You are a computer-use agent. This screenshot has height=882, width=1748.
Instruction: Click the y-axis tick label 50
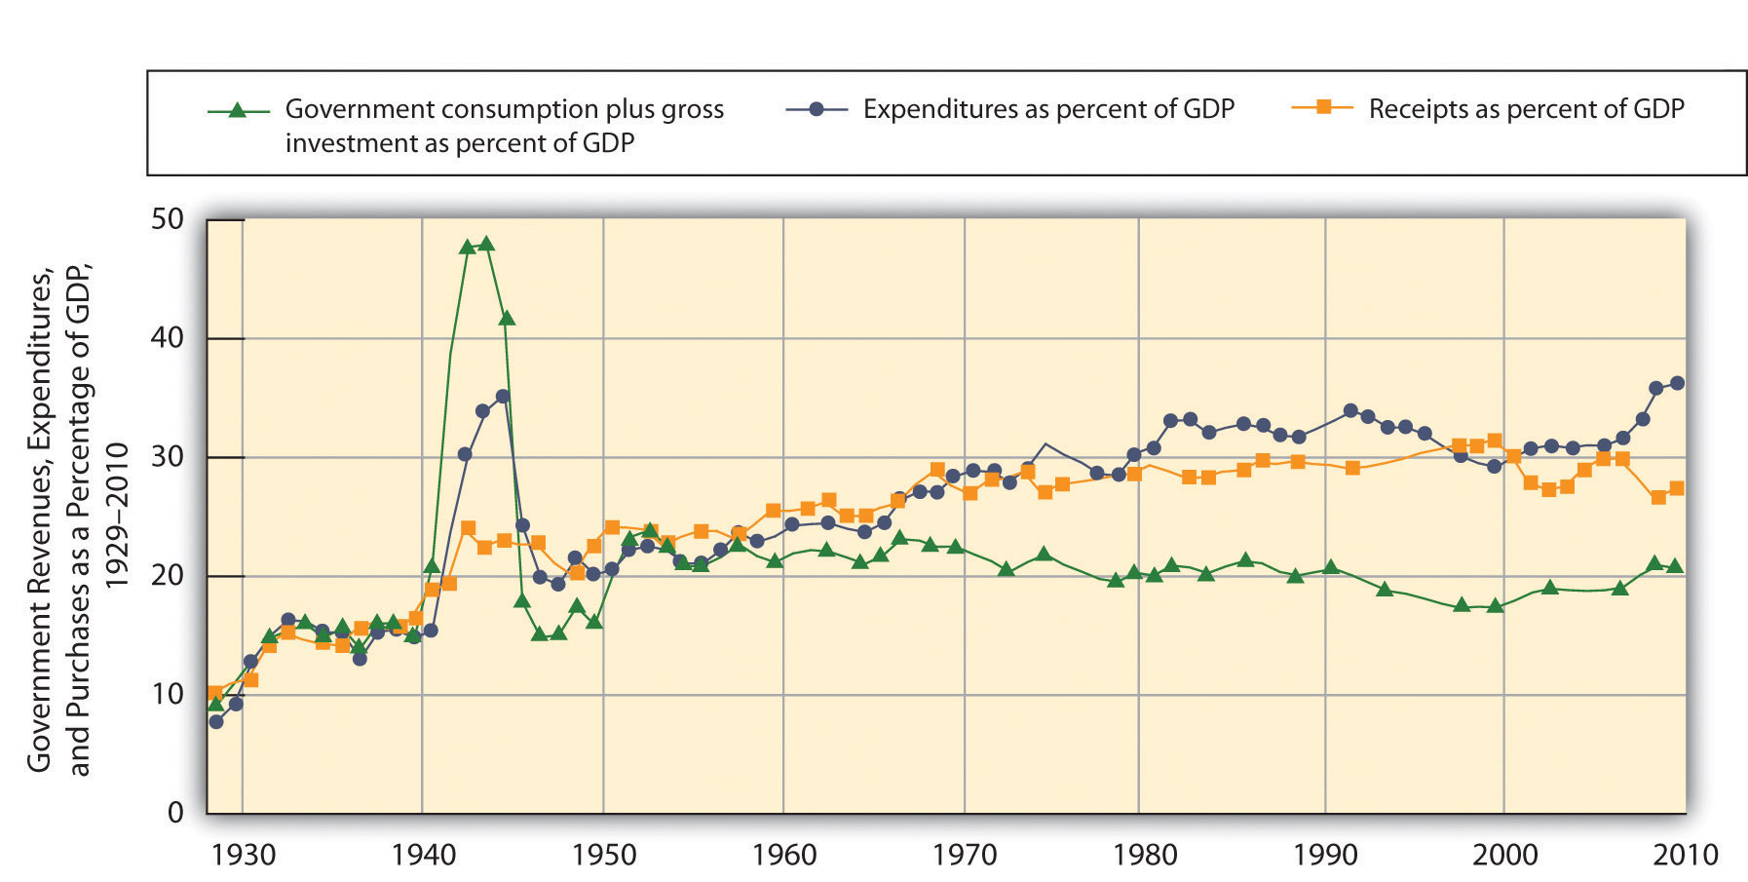pyautogui.click(x=167, y=219)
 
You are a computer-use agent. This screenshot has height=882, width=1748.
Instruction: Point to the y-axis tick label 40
pyautogui.click(x=167, y=338)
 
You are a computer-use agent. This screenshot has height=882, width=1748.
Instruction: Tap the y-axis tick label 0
pyautogui.click(x=175, y=813)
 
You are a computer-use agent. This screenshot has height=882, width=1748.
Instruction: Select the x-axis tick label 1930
pyautogui.click(x=243, y=856)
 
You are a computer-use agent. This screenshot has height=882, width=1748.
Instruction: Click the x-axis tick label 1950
pyautogui.click(x=604, y=856)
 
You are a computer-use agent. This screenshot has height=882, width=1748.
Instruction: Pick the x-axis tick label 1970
pyautogui.click(x=965, y=856)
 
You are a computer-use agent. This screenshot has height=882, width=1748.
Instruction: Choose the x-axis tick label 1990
pyautogui.click(x=1325, y=856)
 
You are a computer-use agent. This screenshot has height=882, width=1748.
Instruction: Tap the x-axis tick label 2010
pyautogui.click(x=1687, y=856)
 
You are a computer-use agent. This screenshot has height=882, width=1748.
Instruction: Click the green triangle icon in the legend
pyautogui.click(x=237, y=110)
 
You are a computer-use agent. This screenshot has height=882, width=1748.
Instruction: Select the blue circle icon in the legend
pyautogui.click(x=817, y=109)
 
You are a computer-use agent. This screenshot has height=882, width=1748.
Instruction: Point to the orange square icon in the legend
pyautogui.click(x=1323, y=107)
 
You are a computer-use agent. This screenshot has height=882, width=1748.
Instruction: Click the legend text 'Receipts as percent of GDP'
pyautogui.click(x=1526, y=109)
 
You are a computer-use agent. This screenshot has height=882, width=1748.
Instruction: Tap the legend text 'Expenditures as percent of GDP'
pyautogui.click(x=1048, y=109)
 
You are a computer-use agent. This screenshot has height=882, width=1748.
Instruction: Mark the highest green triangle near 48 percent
pyautogui.click(x=486, y=244)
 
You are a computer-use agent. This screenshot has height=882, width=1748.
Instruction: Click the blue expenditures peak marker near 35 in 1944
pyautogui.click(x=503, y=396)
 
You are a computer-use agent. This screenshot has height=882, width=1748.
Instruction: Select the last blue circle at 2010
pyautogui.click(x=1677, y=383)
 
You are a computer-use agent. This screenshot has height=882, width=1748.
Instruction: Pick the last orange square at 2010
pyautogui.click(x=1676, y=488)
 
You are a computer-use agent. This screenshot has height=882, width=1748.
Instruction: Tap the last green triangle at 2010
pyautogui.click(x=1675, y=566)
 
